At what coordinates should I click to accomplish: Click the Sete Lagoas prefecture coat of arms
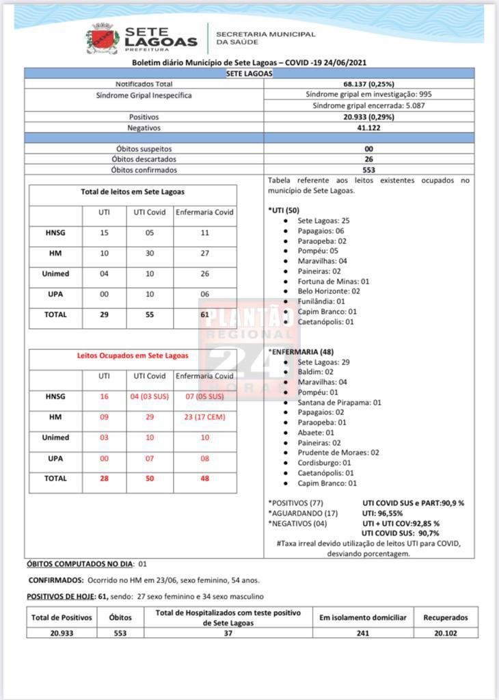(102, 38)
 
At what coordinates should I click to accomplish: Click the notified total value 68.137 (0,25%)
(368, 83)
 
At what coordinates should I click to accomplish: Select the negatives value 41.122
(368, 128)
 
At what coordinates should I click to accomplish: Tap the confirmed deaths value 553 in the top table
(368, 170)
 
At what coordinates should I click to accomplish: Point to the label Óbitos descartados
(144, 159)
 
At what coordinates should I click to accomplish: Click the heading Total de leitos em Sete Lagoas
(133, 192)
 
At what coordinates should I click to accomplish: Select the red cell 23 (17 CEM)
(205, 417)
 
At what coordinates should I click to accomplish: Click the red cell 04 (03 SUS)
(149, 396)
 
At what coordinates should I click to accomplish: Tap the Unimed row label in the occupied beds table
(55, 437)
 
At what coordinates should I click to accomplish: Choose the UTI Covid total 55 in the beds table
(149, 315)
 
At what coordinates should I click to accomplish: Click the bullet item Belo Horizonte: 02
(328, 291)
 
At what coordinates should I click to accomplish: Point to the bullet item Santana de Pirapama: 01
(339, 403)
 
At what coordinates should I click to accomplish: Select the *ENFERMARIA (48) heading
(300, 351)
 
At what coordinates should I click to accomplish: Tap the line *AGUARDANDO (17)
(299, 513)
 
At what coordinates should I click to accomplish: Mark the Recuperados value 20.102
(445, 633)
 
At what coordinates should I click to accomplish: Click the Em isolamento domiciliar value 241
(362, 633)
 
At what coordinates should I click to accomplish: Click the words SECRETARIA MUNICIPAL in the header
(266, 33)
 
